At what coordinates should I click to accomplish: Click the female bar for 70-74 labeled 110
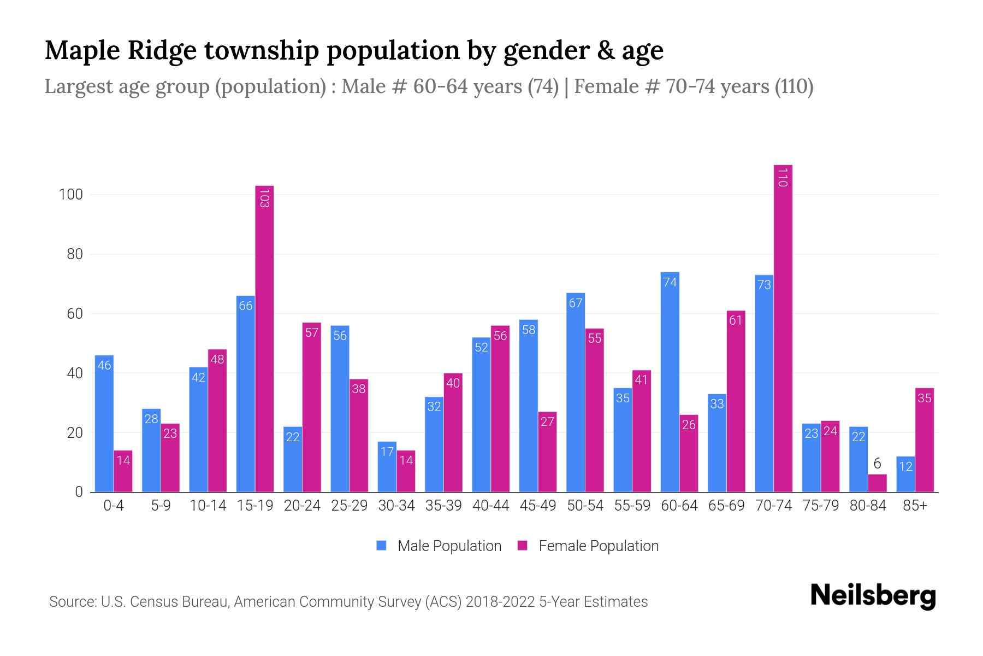tap(783, 328)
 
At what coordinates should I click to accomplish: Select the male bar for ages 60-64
tap(670, 383)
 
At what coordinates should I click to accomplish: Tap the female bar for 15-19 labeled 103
tap(264, 339)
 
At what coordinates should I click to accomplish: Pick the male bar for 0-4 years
tap(104, 424)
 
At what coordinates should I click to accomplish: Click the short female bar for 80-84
tap(877, 483)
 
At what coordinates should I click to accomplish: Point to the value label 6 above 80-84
tap(877, 464)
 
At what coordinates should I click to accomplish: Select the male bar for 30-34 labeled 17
tap(387, 467)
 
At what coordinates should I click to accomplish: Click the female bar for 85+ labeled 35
tap(924, 440)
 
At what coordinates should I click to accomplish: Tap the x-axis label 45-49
tap(537, 506)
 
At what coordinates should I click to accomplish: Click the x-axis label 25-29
tap(349, 506)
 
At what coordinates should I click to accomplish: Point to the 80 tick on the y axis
tap(70, 254)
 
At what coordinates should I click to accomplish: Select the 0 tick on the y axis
tap(78, 492)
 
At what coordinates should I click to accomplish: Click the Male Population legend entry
tap(439, 546)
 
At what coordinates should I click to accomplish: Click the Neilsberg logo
tap(873, 596)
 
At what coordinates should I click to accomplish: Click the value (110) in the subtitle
tap(794, 86)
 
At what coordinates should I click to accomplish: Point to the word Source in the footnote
tap(71, 602)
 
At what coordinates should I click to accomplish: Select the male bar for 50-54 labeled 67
tap(576, 393)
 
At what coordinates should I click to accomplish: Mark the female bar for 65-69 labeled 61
tap(736, 402)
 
